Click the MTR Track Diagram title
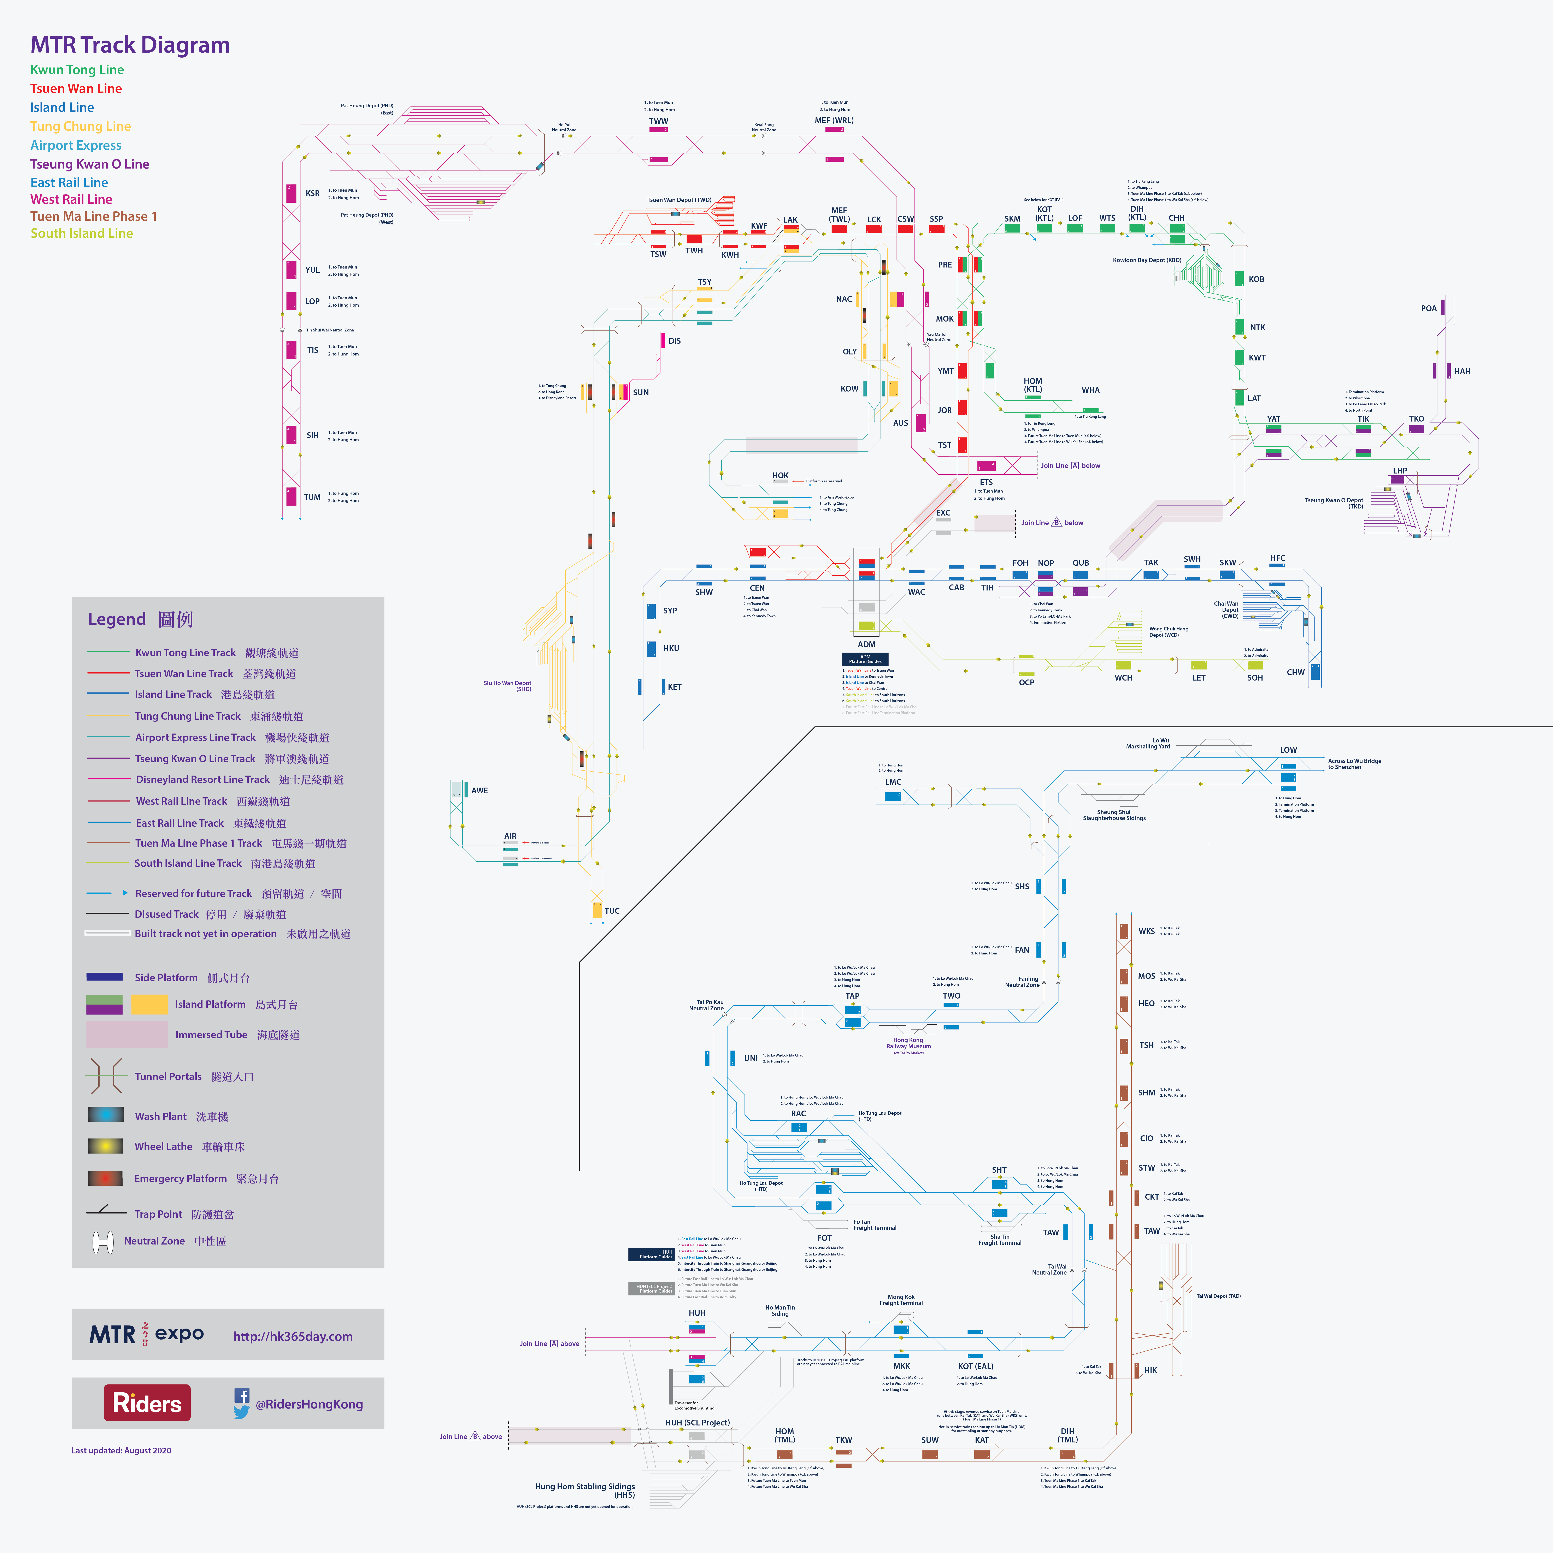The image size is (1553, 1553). pos(130,45)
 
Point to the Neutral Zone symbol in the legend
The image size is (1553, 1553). pos(103,1242)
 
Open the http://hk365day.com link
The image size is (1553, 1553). pos(293,1336)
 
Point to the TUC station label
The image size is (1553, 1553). pos(612,911)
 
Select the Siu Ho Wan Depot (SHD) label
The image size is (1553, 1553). pos(507,686)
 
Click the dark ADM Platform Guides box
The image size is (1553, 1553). pos(865,658)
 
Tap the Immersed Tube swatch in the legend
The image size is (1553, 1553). pos(127,1035)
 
